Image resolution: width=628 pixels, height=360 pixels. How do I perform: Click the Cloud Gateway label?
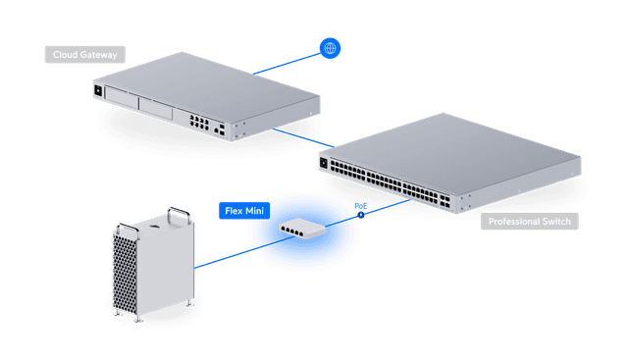(x=83, y=55)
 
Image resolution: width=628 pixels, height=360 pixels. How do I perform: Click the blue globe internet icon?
(x=330, y=47)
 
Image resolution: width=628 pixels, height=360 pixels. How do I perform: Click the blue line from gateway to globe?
(x=285, y=62)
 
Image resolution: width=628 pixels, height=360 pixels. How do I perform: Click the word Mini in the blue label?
(x=254, y=210)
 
